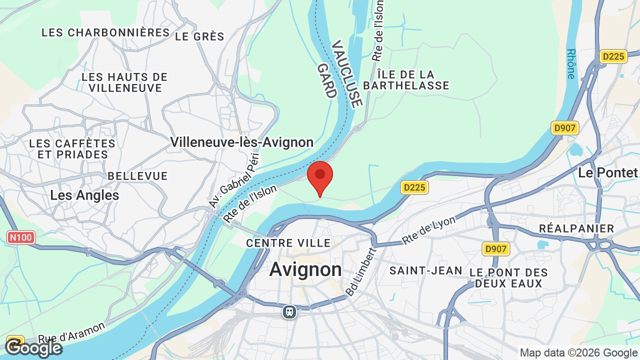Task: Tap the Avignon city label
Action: coord(305,270)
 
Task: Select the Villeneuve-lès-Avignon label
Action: coord(242,142)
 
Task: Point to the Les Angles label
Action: coord(84,195)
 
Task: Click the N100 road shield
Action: coord(21,237)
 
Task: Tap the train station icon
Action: coord(289,312)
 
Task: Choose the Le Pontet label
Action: coord(607,173)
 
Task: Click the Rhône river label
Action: coord(571,63)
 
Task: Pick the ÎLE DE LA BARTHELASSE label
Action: coord(406,80)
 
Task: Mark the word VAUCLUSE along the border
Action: coord(346,74)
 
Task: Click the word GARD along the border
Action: coord(325,80)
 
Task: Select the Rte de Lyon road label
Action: coord(429,230)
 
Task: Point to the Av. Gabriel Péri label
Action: coord(234,180)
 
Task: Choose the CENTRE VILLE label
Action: coord(288,243)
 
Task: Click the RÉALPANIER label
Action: coord(576,228)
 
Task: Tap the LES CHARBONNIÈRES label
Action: coord(105,32)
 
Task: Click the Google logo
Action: coord(33,347)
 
